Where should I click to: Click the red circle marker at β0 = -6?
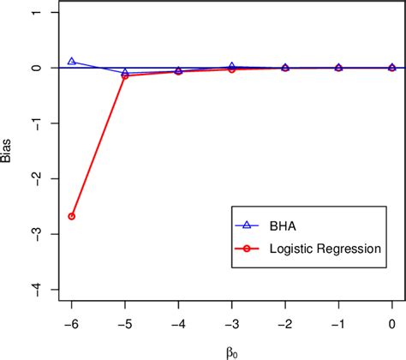[x=72, y=216]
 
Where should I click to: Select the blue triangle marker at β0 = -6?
[x=72, y=62]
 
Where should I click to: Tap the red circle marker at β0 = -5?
[x=125, y=75]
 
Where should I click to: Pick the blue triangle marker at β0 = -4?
[x=178, y=70]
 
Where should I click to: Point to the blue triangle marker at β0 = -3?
[x=232, y=66]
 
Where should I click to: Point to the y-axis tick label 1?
[x=32, y=13]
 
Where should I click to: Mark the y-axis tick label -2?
[x=30, y=178]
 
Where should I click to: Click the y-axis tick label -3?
[x=30, y=233]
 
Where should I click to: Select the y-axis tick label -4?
[x=30, y=289]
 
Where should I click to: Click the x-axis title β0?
[x=232, y=349]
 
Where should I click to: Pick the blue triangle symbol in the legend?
[x=245, y=225]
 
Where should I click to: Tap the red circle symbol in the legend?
[x=245, y=248]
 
